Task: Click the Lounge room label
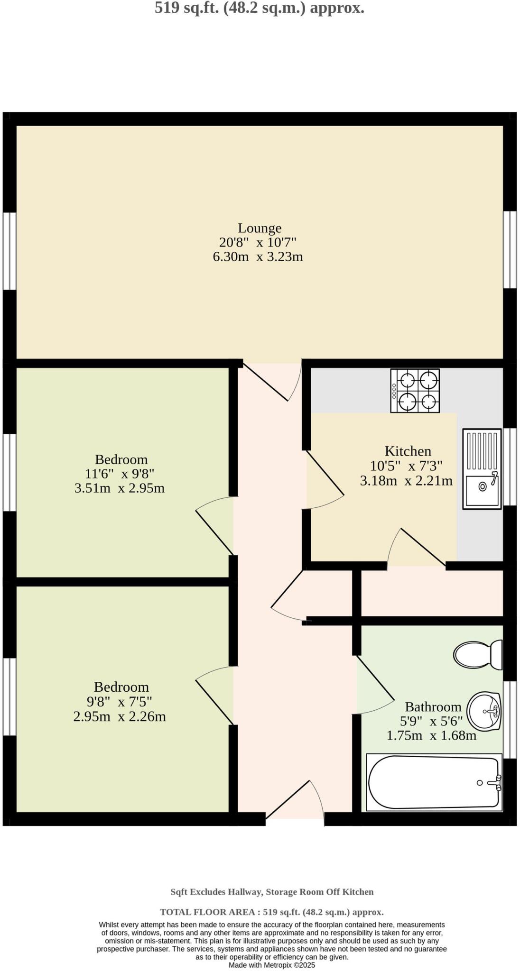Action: (x=260, y=228)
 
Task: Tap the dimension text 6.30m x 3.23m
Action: (x=258, y=257)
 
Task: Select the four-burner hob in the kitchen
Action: (x=415, y=391)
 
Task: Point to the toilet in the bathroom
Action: (x=477, y=655)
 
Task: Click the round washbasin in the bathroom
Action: (x=484, y=712)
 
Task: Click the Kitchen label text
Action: (x=408, y=451)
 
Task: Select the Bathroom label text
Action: (x=433, y=707)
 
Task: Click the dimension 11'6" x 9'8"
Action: (x=120, y=474)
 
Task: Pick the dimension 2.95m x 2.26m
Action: (x=120, y=716)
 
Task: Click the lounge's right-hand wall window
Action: (x=510, y=249)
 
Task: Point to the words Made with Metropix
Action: (x=271, y=965)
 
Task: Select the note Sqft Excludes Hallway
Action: (x=216, y=892)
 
